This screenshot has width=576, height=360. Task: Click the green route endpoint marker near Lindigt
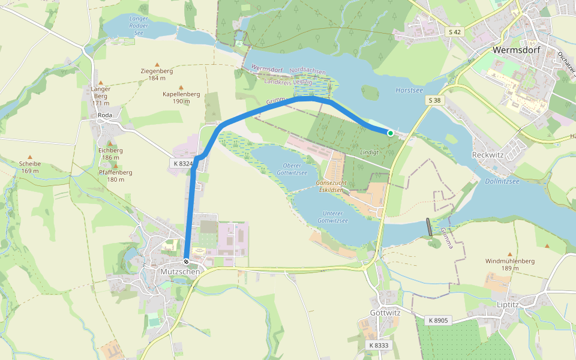tap(391, 133)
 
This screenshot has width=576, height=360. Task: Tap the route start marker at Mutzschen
tap(187, 262)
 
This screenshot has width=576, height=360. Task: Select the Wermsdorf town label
tap(516, 50)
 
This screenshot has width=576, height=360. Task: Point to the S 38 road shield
tap(436, 101)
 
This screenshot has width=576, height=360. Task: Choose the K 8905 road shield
tap(438, 321)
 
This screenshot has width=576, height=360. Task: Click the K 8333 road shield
tap(379, 345)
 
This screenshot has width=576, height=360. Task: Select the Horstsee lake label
tap(409, 90)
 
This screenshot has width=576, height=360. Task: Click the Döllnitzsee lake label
tap(502, 181)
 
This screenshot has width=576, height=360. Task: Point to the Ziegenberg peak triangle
tap(157, 64)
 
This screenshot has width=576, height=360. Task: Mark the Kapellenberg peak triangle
tap(181, 87)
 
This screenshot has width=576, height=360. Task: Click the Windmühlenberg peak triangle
tap(510, 254)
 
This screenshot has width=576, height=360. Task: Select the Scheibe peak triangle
tap(30, 157)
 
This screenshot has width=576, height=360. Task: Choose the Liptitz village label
tap(508, 305)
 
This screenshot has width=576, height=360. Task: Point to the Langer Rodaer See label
tap(139, 26)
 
